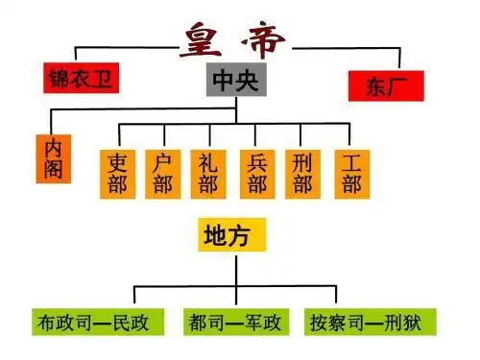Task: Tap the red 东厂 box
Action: pos(388,85)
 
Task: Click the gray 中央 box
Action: pos(236,81)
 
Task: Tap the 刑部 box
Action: pos(302,173)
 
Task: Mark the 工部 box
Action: pos(349,173)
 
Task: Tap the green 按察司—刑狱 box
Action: pos(369,321)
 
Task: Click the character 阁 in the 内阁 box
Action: pos(54,172)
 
